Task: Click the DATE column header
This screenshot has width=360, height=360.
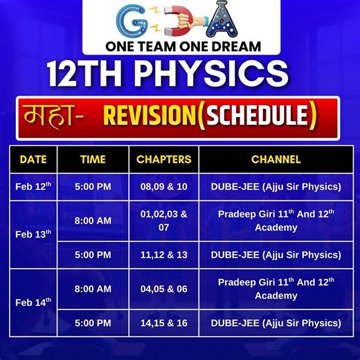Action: (33, 159)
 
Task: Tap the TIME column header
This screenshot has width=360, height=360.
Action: (93, 159)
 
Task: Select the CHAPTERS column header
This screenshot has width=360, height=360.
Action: (163, 159)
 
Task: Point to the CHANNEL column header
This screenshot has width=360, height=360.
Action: (276, 159)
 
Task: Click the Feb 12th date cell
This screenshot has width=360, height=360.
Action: (33, 187)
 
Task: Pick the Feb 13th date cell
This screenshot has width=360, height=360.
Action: (33, 234)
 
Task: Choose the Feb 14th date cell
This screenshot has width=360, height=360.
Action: (33, 303)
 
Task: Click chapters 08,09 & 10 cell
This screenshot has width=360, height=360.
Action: (163, 187)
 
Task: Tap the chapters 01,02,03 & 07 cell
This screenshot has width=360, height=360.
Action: (163, 220)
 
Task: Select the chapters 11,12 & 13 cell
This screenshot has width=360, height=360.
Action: (163, 255)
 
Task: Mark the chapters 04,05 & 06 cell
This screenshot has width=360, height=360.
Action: (163, 288)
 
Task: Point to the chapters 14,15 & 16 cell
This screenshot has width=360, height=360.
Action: (163, 323)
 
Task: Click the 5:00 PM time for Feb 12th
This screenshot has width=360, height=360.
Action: (93, 187)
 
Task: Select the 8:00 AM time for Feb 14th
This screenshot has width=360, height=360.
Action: (93, 288)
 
